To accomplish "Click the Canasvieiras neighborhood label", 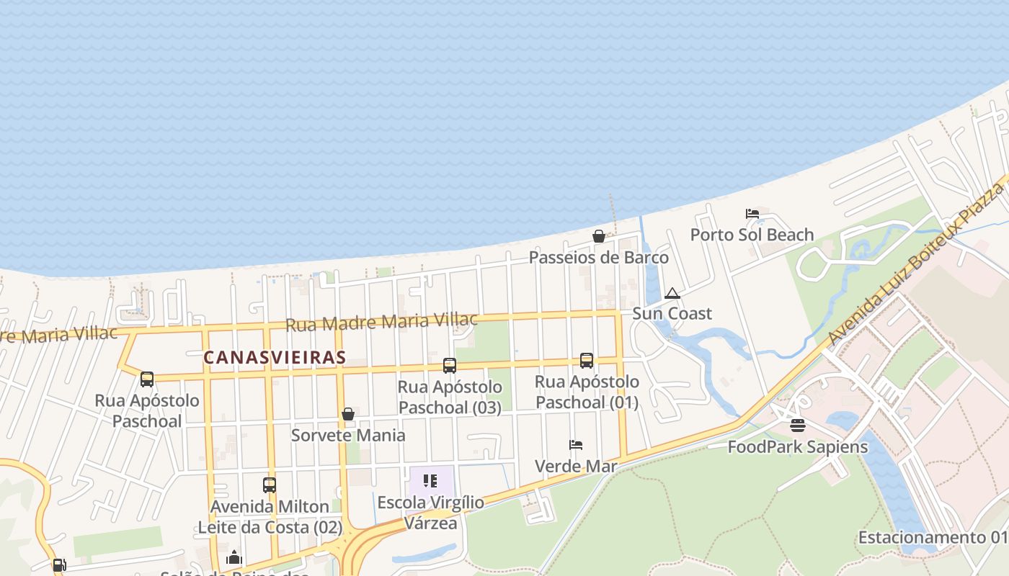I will [x=275, y=357].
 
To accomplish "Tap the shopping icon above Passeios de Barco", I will [x=598, y=236].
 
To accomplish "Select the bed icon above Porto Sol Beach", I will [x=752, y=214].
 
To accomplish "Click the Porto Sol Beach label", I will [x=752, y=235].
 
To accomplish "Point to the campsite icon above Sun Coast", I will [x=672, y=293].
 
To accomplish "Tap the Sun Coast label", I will [x=672, y=313].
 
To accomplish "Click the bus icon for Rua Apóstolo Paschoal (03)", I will [x=450, y=366].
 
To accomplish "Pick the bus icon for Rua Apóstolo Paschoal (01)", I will [x=587, y=361].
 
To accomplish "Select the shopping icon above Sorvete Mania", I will [x=348, y=414].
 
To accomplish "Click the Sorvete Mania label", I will [x=348, y=435].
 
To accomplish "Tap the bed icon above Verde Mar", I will [x=576, y=445].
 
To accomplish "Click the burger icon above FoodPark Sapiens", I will [x=798, y=426].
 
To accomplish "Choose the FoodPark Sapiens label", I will [x=798, y=446].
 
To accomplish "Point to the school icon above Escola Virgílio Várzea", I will [x=430, y=481].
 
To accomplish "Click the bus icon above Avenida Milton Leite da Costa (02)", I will [x=270, y=485].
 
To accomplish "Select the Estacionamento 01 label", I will [x=932, y=538].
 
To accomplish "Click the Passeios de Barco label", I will [x=599, y=257].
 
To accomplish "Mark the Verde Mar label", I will [x=576, y=466].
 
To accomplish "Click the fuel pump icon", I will [x=60, y=565].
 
